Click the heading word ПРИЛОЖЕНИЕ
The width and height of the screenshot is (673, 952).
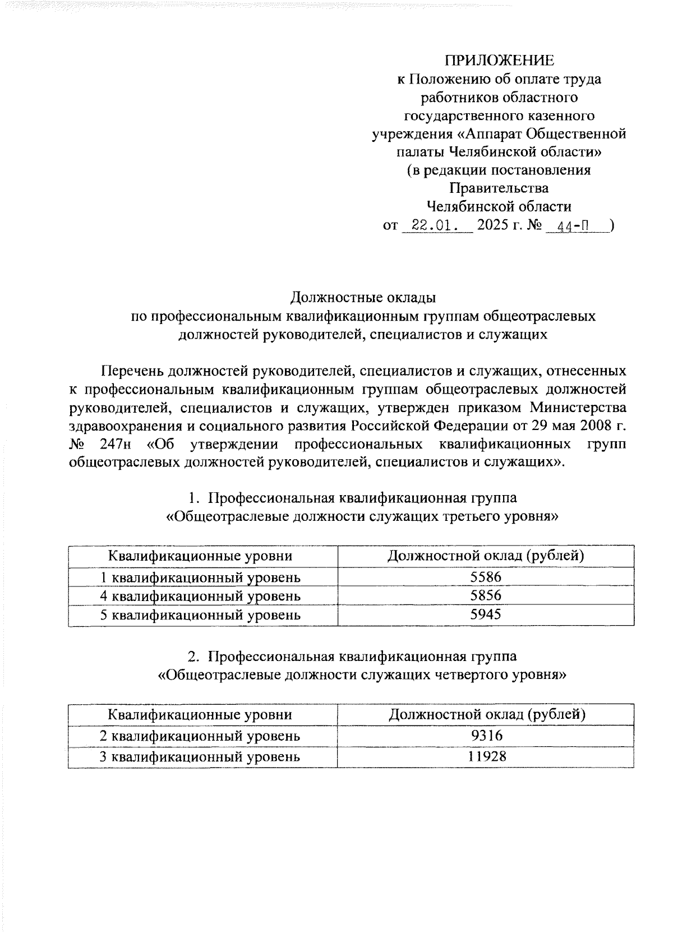click(499, 61)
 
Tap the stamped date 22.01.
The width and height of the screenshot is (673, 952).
click(435, 227)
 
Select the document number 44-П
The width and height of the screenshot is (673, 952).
click(573, 227)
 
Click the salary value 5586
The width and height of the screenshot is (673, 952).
click(486, 577)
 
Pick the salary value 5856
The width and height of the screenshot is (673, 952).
click(486, 595)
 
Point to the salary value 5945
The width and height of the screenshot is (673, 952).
click(486, 614)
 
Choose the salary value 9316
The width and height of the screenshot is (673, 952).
click(487, 736)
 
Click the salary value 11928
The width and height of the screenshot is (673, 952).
click(487, 756)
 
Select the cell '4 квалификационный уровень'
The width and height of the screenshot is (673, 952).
click(200, 596)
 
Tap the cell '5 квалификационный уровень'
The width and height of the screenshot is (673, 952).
click(200, 615)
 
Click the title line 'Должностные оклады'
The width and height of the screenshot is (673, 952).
click(363, 297)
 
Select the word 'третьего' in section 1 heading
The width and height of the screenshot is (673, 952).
click(483, 516)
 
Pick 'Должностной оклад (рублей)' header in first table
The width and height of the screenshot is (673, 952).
click(486, 556)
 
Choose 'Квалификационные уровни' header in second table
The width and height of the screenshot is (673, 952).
click(200, 715)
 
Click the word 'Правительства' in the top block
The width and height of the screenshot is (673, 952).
click(499, 188)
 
